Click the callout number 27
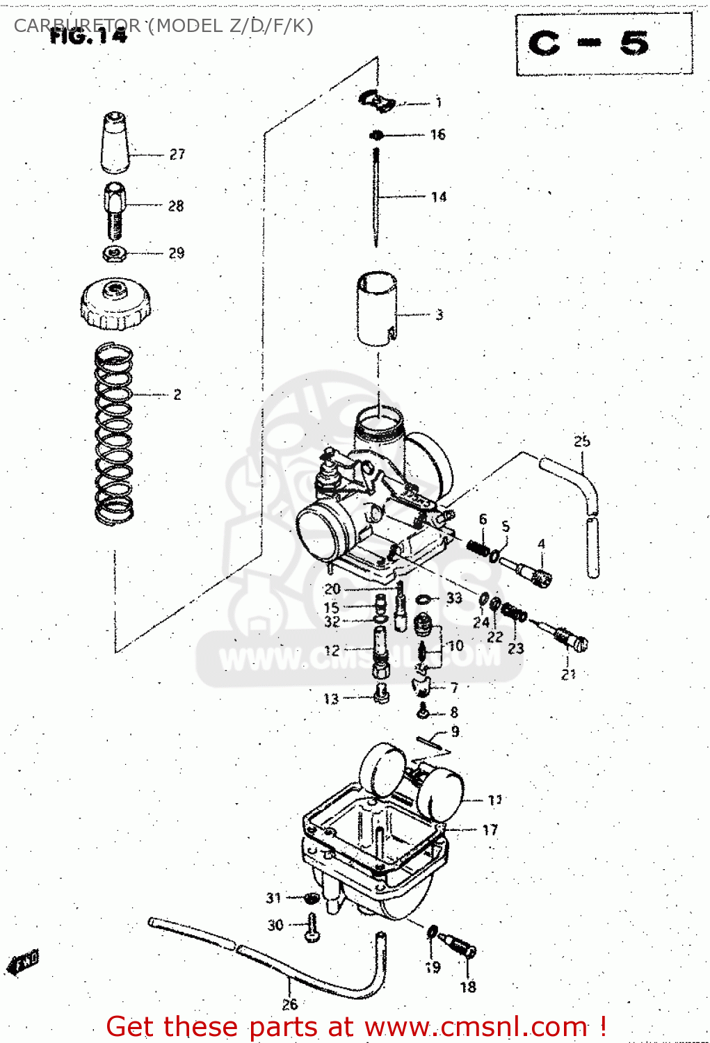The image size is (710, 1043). pos(177,154)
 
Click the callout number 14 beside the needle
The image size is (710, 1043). pos(438,197)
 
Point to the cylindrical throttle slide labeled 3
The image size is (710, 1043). pos(378,308)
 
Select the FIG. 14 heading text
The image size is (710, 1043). pos(88,36)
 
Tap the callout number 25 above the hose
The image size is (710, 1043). pos(582,441)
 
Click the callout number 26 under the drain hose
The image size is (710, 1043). pos(290,1004)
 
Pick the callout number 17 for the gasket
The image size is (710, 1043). pos(490,830)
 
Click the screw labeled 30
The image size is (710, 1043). pos(312,928)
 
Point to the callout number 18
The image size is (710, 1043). pos(468,986)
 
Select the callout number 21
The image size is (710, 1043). pos(569,674)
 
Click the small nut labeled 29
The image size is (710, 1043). pos(115,253)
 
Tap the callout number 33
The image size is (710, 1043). pos(454,598)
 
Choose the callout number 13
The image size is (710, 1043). pos(331,699)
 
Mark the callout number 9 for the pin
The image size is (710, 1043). pos(455,731)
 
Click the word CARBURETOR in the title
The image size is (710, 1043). pos(76,26)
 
